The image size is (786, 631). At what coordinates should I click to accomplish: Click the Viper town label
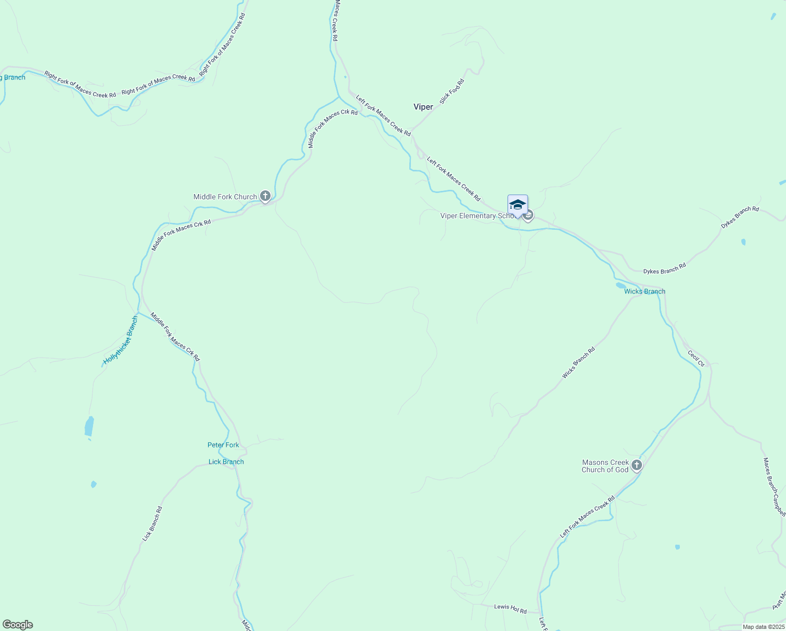click(423, 107)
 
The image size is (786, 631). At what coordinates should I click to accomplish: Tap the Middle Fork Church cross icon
click(265, 197)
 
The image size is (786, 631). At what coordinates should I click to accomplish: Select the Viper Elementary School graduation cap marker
click(518, 205)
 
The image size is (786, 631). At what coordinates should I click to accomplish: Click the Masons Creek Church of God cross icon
click(636, 465)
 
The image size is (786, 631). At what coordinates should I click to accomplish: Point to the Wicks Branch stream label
click(645, 291)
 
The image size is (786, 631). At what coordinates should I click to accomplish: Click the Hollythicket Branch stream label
click(121, 341)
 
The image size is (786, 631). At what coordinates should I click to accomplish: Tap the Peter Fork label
click(223, 445)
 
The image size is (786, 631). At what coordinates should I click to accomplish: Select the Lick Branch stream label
click(226, 462)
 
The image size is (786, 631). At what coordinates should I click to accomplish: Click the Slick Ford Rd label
click(452, 91)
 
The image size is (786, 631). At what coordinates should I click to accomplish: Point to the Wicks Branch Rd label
click(578, 363)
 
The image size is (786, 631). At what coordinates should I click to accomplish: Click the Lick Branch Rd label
click(152, 524)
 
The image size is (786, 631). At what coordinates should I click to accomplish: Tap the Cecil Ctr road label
click(696, 359)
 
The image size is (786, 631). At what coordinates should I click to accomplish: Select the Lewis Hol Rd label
click(510, 608)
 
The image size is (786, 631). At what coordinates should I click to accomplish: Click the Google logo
click(18, 624)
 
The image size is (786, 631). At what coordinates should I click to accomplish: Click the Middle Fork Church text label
click(225, 197)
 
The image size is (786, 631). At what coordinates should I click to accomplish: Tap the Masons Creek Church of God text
click(605, 466)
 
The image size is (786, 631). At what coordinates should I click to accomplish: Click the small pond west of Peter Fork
click(89, 426)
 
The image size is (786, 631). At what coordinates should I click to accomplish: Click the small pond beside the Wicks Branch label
click(621, 286)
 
